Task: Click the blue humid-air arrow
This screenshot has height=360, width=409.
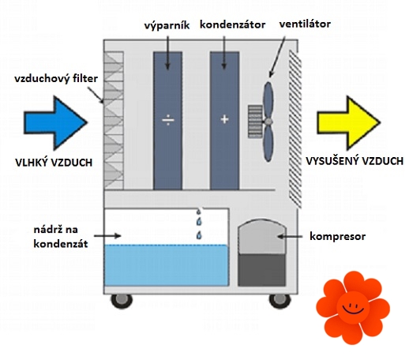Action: click(x=54, y=123)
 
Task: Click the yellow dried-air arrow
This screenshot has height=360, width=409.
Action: click(x=347, y=123)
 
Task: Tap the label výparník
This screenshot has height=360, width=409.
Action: click(x=167, y=25)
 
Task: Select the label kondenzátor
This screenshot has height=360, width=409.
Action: click(x=233, y=24)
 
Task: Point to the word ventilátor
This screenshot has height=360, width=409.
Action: click(x=305, y=24)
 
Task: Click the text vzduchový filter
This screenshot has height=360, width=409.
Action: click(x=56, y=79)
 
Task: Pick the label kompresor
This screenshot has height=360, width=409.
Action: click(x=338, y=236)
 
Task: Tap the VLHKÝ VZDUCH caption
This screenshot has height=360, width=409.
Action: click(x=54, y=163)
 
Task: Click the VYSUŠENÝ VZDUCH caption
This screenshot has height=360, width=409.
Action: click(x=355, y=161)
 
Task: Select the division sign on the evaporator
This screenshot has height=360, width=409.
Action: click(x=168, y=120)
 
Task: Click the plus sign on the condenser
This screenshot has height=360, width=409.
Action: click(x=224, y=119)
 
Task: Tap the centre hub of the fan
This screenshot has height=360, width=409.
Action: click(x=268, y=122)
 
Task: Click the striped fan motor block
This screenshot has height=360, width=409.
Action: click(x=255, y=122)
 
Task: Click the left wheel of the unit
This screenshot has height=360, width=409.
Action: click(x=122, y=301)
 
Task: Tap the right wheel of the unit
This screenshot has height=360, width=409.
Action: click(x=280, y=301)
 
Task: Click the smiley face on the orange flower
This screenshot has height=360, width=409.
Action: click(x=353, y=307)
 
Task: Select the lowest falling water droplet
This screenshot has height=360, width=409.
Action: click(x=199, y=235)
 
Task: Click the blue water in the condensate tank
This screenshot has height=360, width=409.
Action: click(x=166, y=265)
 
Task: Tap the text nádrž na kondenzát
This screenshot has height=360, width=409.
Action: click(x=61, y=237)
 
